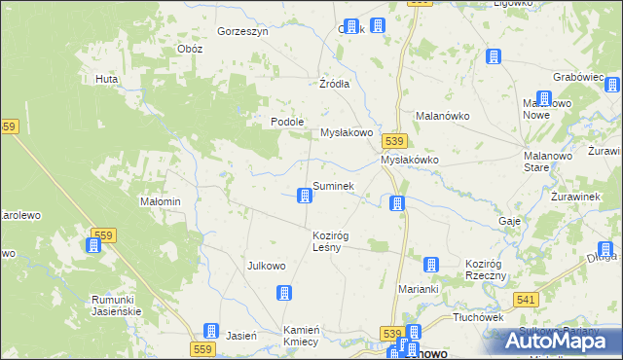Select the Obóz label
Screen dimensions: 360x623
[190, 49]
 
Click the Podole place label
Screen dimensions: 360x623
[288, 122]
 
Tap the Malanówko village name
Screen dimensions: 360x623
[443, 115]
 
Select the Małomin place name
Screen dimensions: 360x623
[162, 201]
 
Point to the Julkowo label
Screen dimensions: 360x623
[267, 266]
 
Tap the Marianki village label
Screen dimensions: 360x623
[420, 289]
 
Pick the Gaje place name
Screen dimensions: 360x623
[509, 221]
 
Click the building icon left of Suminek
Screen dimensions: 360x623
[305, 197]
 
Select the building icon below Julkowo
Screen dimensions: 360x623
[284, 293]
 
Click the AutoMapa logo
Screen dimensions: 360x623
[559, 341]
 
